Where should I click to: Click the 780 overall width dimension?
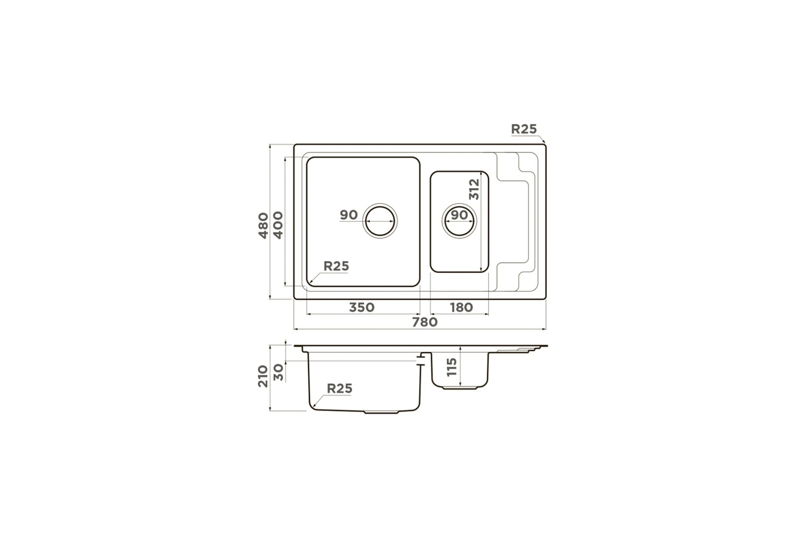pyautogui.click(x=424, y=322)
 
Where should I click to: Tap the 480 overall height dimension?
pyautogui.click(x=263, y=226)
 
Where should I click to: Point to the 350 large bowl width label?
pyautogui.click(x=362, y=307)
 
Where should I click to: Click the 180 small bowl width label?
pyautogui.click(x=461, y=307)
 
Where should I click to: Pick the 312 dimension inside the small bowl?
pyautogui.click(x=474, y=189)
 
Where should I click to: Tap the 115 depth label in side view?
pyautogui.click(x=451, y=367)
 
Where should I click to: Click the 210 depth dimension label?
pyautogui.click(x=263, y=376)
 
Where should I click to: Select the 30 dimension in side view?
pyautogui.click(x=279, y=372)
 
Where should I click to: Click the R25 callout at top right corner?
pyautogui.click(x=524, y=129)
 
